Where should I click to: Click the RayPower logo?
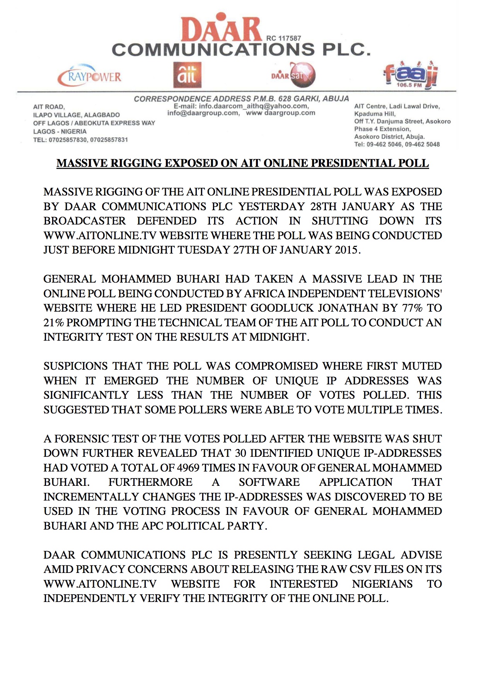[x=90, y=77]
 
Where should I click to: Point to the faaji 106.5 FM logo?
[x=411, y=75]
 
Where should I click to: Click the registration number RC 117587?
[x=284, y=38]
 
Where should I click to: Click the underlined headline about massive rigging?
[x=242, y=163]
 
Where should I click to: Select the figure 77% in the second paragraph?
[x=411, y=308]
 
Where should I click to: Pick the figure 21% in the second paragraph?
[x=54, y=322]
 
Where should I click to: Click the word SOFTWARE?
[x=269, y=482]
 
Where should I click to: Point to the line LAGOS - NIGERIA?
[x=60, y=132]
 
